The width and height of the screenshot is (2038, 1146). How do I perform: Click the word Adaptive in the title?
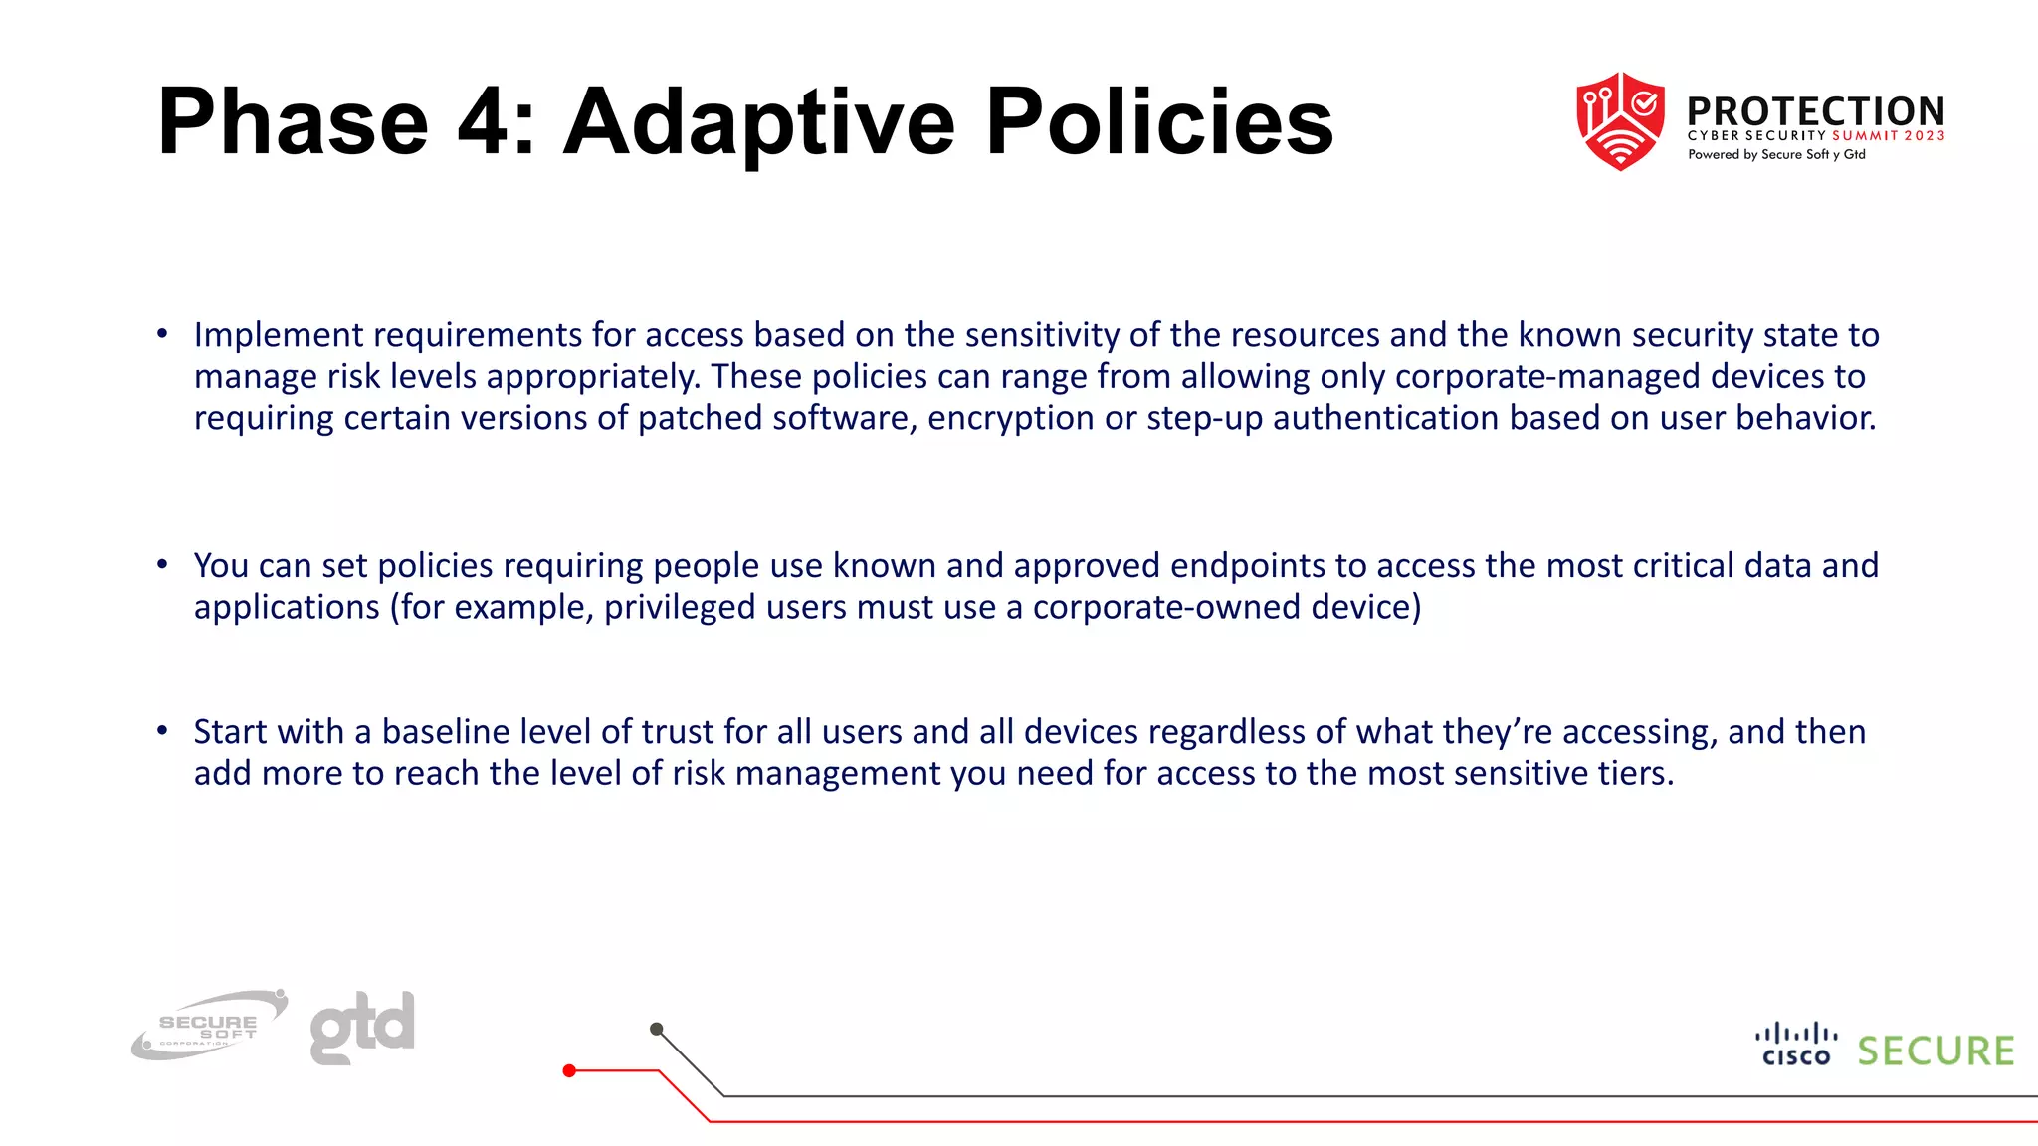click(x=759, y=123)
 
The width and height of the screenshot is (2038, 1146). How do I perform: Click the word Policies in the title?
click(x=1159, y=123)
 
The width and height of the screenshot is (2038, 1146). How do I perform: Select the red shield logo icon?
click(x=1620, y=121)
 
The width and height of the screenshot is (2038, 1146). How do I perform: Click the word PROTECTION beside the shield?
click(x=1816, y=110)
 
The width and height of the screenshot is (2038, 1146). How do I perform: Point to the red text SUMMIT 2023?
click(x=1888, y=136)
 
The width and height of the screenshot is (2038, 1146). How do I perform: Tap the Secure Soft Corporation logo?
click(x=210, y=1026)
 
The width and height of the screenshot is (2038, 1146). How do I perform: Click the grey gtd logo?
click(x=362, y=1026)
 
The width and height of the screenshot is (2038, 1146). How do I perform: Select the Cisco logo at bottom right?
click(x=1796, y=1045)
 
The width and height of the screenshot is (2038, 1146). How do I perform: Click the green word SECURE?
click(x=1936, y=1051)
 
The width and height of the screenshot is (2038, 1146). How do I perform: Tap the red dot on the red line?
click(x=569, y=1070)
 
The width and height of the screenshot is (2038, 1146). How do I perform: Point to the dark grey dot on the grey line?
click(x=656, y=1029)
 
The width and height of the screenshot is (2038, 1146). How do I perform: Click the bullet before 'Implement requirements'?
click(x=162, y=334)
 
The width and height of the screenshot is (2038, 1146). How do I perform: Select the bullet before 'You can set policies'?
click(x=162, y=565)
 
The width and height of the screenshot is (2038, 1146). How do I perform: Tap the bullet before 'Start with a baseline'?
click(x=162, y=731)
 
